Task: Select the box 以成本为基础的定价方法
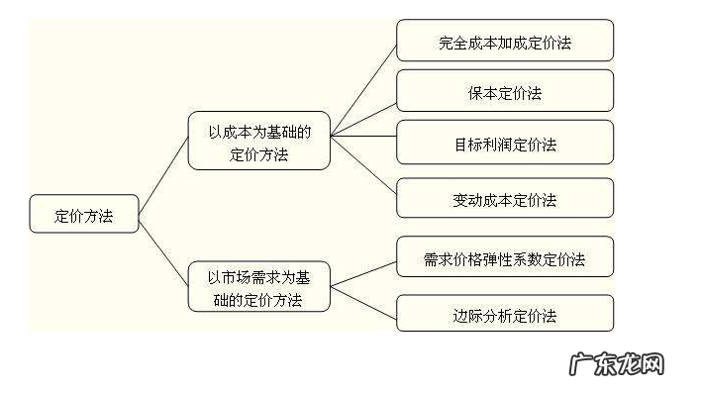click(258, 142)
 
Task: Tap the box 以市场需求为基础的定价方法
click(258, 285)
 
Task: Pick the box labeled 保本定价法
click(505, 94)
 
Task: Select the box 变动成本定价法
click(505, 200)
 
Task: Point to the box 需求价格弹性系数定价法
click(505, 259)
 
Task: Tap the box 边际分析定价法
click(505, 315)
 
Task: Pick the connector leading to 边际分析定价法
click(363, 301)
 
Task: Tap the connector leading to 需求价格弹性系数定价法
click(363, 273)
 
